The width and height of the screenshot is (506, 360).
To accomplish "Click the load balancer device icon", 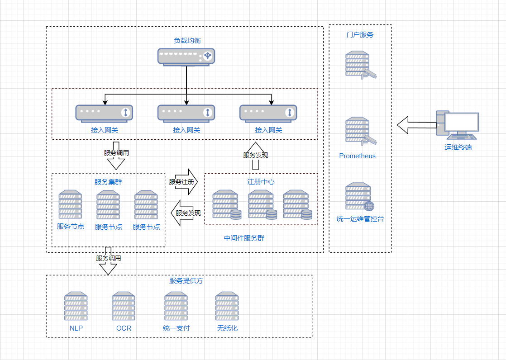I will (186, 57).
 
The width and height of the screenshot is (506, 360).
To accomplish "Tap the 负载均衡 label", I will (187, 41).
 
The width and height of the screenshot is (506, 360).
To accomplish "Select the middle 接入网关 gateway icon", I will (186, 113).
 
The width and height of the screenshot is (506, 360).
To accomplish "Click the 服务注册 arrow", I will (184, 182).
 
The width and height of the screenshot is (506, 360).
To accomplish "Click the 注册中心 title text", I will (261, 182).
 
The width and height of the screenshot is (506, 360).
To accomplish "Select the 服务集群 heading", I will (108, 182).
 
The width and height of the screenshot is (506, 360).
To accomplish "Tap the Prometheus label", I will (358, 156).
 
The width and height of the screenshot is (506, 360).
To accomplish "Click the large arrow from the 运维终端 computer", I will (416, 125).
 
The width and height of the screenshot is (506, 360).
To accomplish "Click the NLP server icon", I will (76, 306).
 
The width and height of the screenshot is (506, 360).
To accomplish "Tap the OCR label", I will (124, 328).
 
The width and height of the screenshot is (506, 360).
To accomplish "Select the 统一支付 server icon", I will (176, 306).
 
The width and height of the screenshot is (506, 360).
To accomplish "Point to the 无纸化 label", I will (227, 328).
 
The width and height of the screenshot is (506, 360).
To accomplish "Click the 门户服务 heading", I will (360, 35).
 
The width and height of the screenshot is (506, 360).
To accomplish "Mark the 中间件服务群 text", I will (244, 238).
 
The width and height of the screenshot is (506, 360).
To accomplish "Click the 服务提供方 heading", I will (186, 280).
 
